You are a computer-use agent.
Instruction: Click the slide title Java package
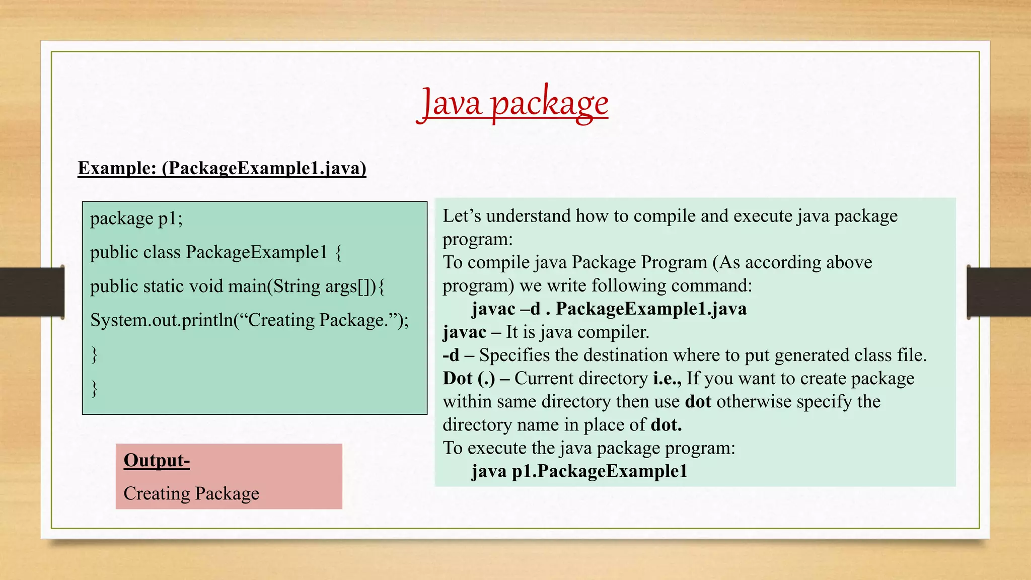click(512, 103)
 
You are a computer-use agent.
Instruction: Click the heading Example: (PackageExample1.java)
click(222, 168)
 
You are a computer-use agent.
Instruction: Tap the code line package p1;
click(136, 219)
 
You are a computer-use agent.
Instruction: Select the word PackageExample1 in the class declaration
click(257, 252)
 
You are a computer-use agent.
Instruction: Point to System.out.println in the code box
click(161, 320)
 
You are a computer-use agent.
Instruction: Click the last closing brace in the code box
click(94, 388)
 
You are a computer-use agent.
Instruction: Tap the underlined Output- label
click(157, 460)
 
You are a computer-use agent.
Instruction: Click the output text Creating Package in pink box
click(191, 493)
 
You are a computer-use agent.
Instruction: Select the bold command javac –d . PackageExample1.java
click(609, 309)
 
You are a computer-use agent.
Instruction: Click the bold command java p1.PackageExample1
click(579, 471)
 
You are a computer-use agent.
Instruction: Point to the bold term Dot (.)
click(469, 379)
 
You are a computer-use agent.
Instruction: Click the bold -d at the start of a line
click(451, 355)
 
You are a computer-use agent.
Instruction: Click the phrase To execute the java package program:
click(588, 448)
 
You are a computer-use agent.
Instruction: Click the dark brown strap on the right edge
click(999, 292)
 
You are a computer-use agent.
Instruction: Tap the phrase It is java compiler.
click(577, 332)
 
